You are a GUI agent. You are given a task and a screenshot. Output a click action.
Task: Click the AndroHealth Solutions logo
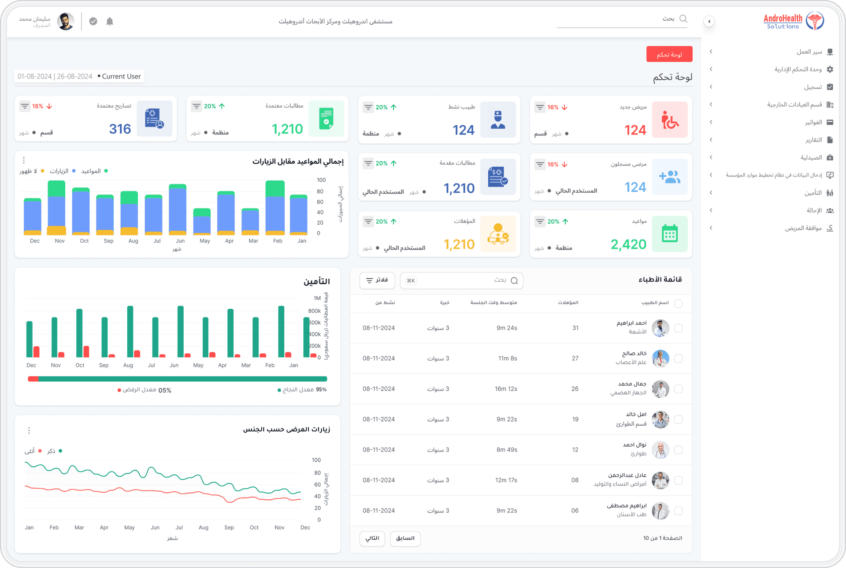(x=793, y=21)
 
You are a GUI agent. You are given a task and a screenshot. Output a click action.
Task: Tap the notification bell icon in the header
(x=110, y=21)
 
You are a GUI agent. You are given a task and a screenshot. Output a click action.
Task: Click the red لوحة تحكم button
(x=669, y=54)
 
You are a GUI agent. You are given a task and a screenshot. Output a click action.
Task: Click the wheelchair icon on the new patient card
(x=670, y=120)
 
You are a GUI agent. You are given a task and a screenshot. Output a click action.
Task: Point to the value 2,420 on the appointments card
(x=628, y=244)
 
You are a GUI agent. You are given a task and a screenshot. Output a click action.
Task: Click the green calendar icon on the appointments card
(x=670, y=234)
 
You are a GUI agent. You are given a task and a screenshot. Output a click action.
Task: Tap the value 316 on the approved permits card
(x=120, y=129)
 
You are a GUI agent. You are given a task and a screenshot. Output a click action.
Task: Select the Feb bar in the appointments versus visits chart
(x=275, y=207)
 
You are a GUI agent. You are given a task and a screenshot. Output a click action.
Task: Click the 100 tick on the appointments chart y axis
(x=321, y=180)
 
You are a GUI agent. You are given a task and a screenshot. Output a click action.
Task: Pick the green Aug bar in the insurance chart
(x=130, y=332)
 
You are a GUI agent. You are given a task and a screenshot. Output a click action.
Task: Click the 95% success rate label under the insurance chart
(x=321, y=389)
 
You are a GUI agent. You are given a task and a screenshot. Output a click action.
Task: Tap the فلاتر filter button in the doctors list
(x=377, y=280)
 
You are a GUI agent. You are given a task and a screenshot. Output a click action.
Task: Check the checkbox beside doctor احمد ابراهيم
(x=678, y=328)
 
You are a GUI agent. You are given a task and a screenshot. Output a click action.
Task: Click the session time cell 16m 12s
(x=506, y=389)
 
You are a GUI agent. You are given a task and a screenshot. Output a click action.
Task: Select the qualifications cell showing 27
(x=575, y=359)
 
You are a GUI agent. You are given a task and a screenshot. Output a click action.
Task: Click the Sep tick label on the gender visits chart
(x=229, y=527)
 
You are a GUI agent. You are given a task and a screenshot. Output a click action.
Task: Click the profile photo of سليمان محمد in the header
(x=66, y=21)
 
